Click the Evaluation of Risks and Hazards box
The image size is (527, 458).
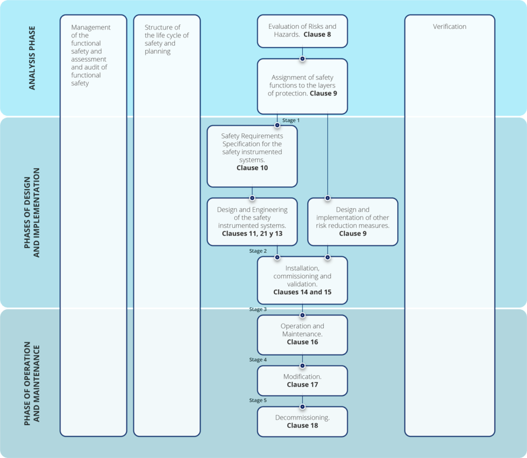pyautogui.click(x=302, y=31)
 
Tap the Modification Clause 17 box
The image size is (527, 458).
pyautogui.click(x=302, y=381)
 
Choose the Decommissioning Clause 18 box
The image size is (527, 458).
pyautogui.click(x=302, y=421)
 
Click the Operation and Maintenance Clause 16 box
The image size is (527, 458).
pyautogui.click(x=302, y=334)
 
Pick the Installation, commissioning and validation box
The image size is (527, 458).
pyautogui.click(x=302, y=280)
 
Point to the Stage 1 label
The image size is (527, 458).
pyautogui.click(x=291, y=120)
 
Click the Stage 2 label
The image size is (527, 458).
pyautogui.click(x=258, y=251)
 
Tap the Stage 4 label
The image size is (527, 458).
pyautogui.click(x=258, y=360)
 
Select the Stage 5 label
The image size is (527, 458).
pyautogui.click(x=258, y=400)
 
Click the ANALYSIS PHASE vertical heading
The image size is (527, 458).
pyautogui.click(x=32, y=58)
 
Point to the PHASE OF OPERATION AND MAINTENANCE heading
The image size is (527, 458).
pyautogui.click(x=32, y=383)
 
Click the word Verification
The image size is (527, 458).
pyautogui.click(x=449, y=27)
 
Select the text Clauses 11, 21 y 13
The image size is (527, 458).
pyautogui.click(x=252, y=234)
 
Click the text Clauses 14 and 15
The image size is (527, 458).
pyautogui.click(x=302, y=292)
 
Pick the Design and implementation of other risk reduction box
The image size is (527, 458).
pyautogui.click(x=353, y=221)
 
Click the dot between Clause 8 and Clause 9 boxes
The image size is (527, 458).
pyautogui.click(x=302, y=58)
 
